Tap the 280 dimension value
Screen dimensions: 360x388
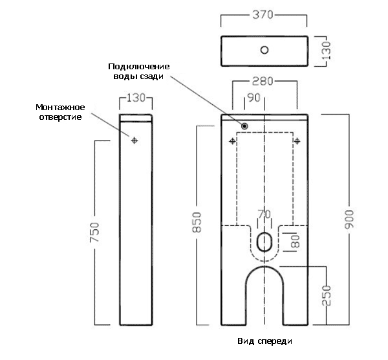263,82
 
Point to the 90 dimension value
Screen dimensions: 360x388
253,98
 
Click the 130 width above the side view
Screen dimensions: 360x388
136,98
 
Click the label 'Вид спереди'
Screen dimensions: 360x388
264,341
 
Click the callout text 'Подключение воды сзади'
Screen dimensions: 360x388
138,71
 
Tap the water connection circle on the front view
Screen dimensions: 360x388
245,125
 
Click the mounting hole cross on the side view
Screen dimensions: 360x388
135,140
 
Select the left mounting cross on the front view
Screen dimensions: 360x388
232,140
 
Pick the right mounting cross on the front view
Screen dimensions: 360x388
297,140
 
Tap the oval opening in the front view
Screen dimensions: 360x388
264,241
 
